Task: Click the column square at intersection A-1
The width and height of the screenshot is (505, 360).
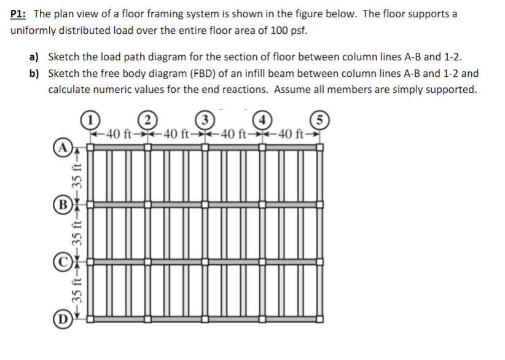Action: (x=90, y=148)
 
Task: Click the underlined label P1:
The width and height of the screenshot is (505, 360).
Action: (x=20, y=14)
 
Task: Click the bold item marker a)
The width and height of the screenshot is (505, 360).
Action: (x=34, y=57)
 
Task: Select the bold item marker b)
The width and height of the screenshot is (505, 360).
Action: (x=34, y=74)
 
